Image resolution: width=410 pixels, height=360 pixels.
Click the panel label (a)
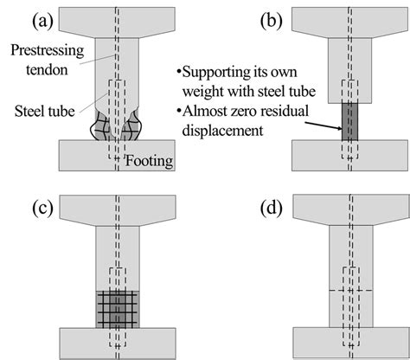coord(20,15)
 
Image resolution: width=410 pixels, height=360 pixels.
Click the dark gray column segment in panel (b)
coord(349,121)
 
